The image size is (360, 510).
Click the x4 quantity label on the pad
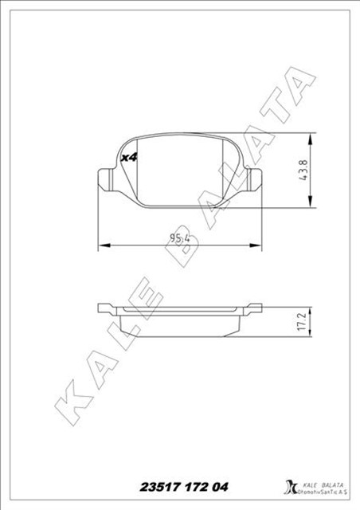129,158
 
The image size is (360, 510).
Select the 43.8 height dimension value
303,171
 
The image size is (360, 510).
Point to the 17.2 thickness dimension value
302,321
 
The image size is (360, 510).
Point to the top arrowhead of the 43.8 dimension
316,136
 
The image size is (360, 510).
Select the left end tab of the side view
105,308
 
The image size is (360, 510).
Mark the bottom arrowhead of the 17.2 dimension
316,335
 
